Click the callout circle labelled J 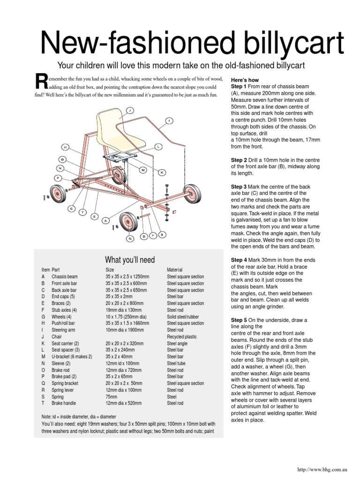[130, 110]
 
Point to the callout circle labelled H [65, 147]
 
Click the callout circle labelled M [143, 170]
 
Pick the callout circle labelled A [106, 220]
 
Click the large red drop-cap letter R [42, 81]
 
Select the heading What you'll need [130, 260]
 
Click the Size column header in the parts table [110, 270]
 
